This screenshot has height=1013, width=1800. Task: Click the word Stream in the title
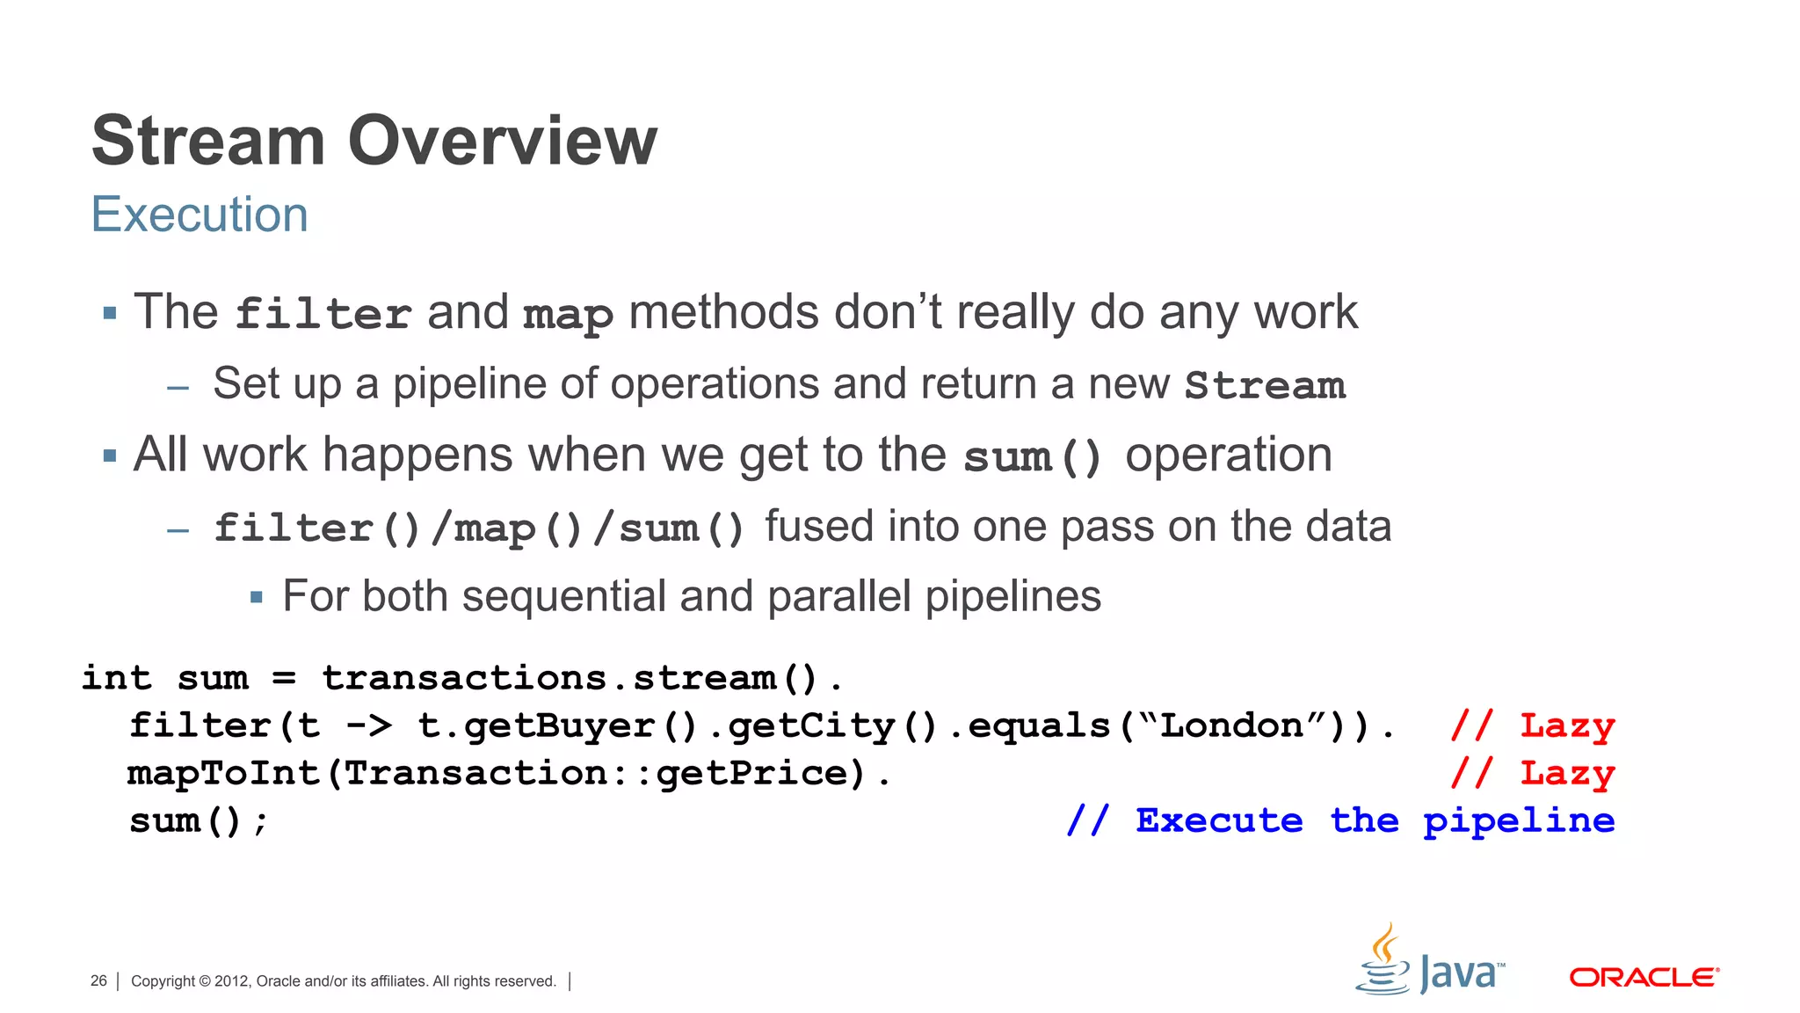click(x=208, y=141)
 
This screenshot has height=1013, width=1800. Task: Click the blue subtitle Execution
click(x=200, y=215)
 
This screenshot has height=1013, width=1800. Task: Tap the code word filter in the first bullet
click(x=323, y=314)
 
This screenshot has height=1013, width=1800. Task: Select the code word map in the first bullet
click(x=568, y=315)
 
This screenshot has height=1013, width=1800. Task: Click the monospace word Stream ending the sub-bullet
click(x=1265, y=385)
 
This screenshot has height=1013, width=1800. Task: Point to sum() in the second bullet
click(x=1033, y=457)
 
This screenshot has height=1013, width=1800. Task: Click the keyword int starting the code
click(x=116, y=678)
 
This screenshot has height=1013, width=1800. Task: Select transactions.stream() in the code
click(x=570, y=678)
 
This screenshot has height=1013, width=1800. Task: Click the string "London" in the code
click(x=1231, y=726)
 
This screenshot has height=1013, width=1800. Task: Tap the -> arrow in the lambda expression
click(x=368, y=726)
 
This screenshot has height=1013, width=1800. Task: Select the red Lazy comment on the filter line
click(x=1567, y=726)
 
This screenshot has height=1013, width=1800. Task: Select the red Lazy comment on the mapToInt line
click(x=1567, y=774)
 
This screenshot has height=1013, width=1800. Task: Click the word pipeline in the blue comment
click(x=1518, y=821)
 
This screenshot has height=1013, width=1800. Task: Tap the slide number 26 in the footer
click(x=98, y=980)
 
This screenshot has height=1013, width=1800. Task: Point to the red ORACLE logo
click(x=1644, y=978)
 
